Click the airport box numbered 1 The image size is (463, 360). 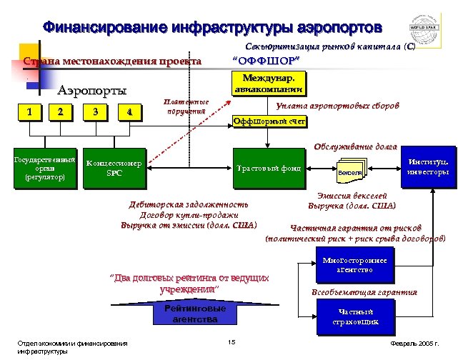[29, 111]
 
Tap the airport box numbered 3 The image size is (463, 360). [95, 111]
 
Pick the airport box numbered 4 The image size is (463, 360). [128, 111]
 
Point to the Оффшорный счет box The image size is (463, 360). [270, 122]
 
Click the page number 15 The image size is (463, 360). [231, 343]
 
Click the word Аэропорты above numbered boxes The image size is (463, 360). [93, 91]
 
